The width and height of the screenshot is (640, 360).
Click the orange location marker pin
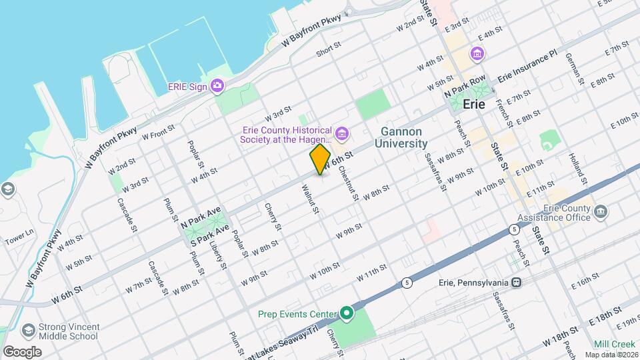point(321,159)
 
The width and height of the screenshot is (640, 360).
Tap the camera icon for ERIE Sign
point(217,85)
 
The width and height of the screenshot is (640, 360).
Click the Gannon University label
point(401,137)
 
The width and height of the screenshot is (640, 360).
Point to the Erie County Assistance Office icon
point(602,212)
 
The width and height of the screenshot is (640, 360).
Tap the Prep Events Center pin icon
point(346,313)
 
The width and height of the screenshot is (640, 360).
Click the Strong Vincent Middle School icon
point(28,331)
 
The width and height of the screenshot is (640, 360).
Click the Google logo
point(23,351)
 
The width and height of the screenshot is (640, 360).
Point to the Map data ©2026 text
point(615,354)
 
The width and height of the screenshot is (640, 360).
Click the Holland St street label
point(577,169)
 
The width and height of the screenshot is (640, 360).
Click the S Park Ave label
point(210,237)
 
